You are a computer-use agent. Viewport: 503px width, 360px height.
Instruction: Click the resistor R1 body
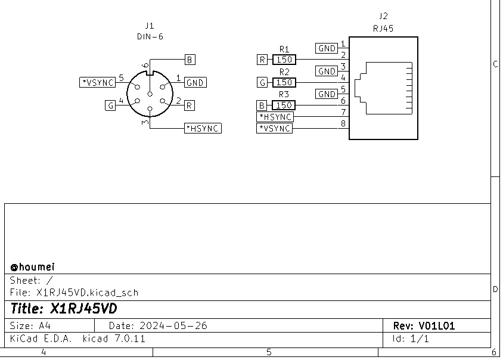coord(284,60)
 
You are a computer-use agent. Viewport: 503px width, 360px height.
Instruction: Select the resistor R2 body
coord(284,82)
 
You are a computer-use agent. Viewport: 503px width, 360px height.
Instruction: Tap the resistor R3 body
coord(284,105)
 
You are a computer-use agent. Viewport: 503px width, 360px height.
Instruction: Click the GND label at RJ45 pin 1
coord(327,48)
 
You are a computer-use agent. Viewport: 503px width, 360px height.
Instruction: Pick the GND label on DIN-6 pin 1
coord(195,83)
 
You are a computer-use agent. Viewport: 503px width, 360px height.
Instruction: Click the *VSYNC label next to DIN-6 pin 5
coord(97,82)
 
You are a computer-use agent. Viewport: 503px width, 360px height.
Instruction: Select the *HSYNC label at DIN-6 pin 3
coord(203,128)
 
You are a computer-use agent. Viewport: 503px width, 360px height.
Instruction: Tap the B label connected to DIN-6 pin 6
coord(190,60)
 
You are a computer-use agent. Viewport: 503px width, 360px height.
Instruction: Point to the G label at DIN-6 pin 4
coord(110,105)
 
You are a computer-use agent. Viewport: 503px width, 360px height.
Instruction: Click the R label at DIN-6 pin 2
coord(190,105)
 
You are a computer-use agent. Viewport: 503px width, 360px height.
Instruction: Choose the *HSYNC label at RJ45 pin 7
coord(275,117)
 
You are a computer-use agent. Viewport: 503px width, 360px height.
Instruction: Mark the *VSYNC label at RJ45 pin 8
coord(275,128)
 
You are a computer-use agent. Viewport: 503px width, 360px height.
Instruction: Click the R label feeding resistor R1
coord(262,60)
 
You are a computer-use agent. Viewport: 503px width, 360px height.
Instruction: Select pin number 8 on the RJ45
coord(343,124)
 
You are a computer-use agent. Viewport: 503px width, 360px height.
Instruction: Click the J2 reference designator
coord(383,16)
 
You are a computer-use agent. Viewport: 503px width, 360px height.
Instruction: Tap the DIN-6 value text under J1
coord(150,36)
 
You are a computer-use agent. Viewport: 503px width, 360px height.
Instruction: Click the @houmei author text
coord(33,267)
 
